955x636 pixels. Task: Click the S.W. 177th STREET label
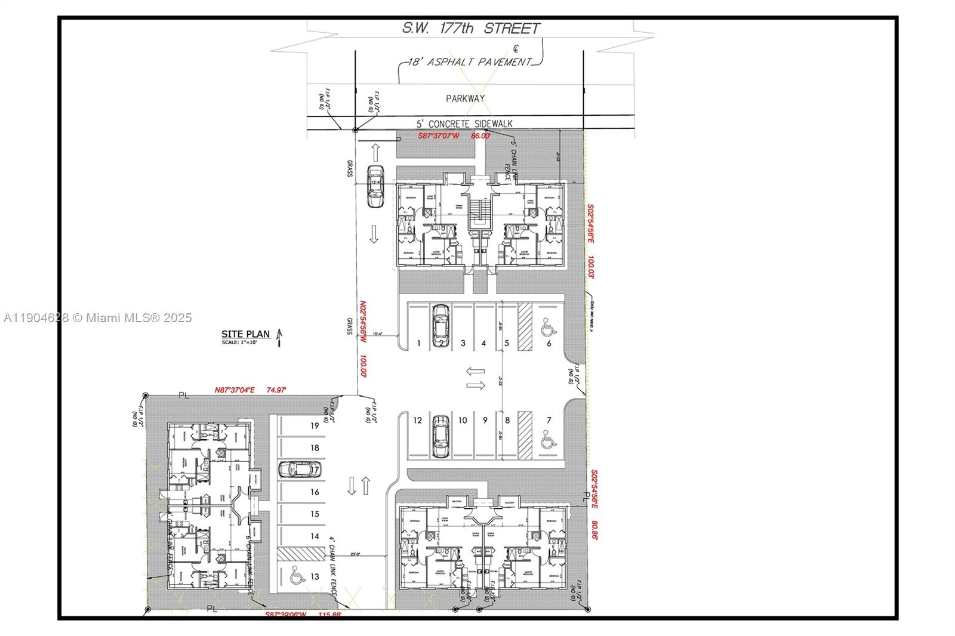click(x=470, y=28)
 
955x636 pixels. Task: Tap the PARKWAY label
click(x=465, y=98)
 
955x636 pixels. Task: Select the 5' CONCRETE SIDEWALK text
click(x=464, y=124)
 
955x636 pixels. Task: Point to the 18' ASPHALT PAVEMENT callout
click(x=469, y=62)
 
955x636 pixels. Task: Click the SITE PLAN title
click(x=245, y=334)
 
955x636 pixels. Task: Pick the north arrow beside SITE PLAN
click(x=279, y=338)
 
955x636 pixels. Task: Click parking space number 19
click(x=315, y=425)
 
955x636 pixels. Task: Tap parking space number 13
click(x=315, y=576)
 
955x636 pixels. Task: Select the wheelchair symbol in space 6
click(x=547, y=327)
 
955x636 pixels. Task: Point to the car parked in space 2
click(x=440, y=325)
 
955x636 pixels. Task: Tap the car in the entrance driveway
click(x=375, y=186)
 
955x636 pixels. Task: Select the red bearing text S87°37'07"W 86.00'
click(x=454, y=136)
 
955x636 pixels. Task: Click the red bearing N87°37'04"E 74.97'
click(x=250, y=390)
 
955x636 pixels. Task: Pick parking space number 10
click(x=463, y=420)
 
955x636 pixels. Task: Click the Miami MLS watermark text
click(x=98, y=318)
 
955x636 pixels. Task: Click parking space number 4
click(x=483, y=343)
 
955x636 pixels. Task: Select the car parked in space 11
click(x=440, y=436)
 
